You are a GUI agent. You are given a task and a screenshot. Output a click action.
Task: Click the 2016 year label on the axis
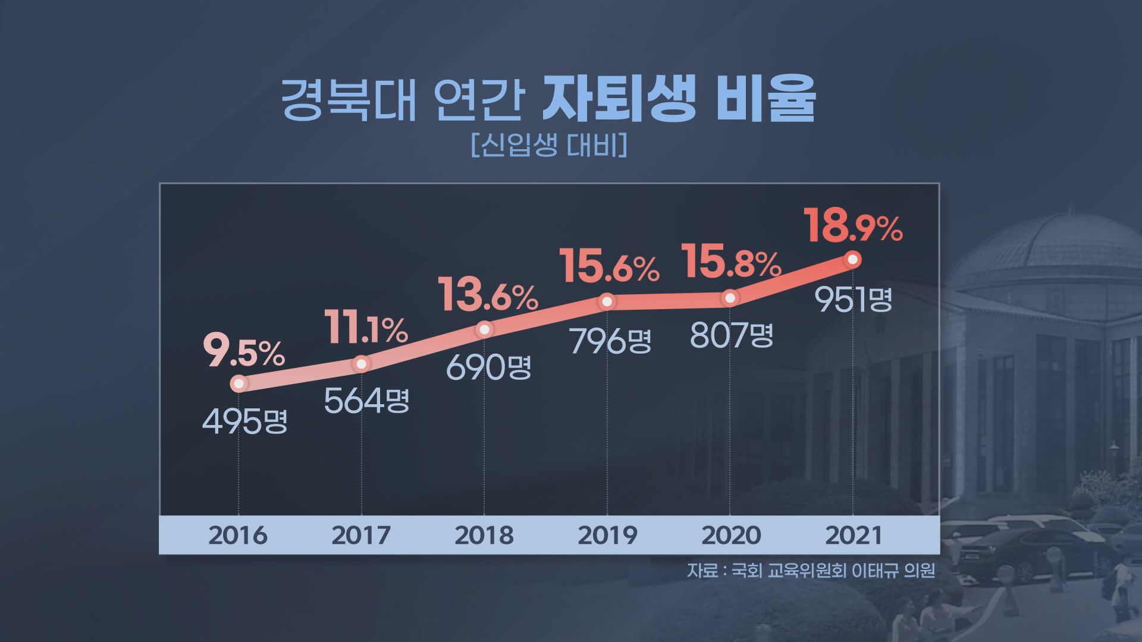pyautogui.click(x=238, y=535)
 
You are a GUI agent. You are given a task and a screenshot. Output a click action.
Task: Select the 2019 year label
pyautogui.click(x=607, y=535)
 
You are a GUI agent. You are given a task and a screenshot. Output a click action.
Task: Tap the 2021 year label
pyautogui.click(x=854, y=535)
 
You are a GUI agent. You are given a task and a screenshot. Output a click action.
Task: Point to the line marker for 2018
pyautogui.click(x=485, y=329)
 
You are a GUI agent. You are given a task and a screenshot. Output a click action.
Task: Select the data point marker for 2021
pyautogui.click(x=853, y=259)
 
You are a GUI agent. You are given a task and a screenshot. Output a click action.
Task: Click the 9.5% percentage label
pyautogui.click(x=244, y=352)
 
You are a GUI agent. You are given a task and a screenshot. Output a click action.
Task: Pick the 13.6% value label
pyautogui.click(x=488, y=295)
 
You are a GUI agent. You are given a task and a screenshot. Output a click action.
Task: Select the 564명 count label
pyautogui.click(x=367, y=401)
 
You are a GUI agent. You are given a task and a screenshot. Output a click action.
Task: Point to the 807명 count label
pyautogui.click(x=732, y=336)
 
